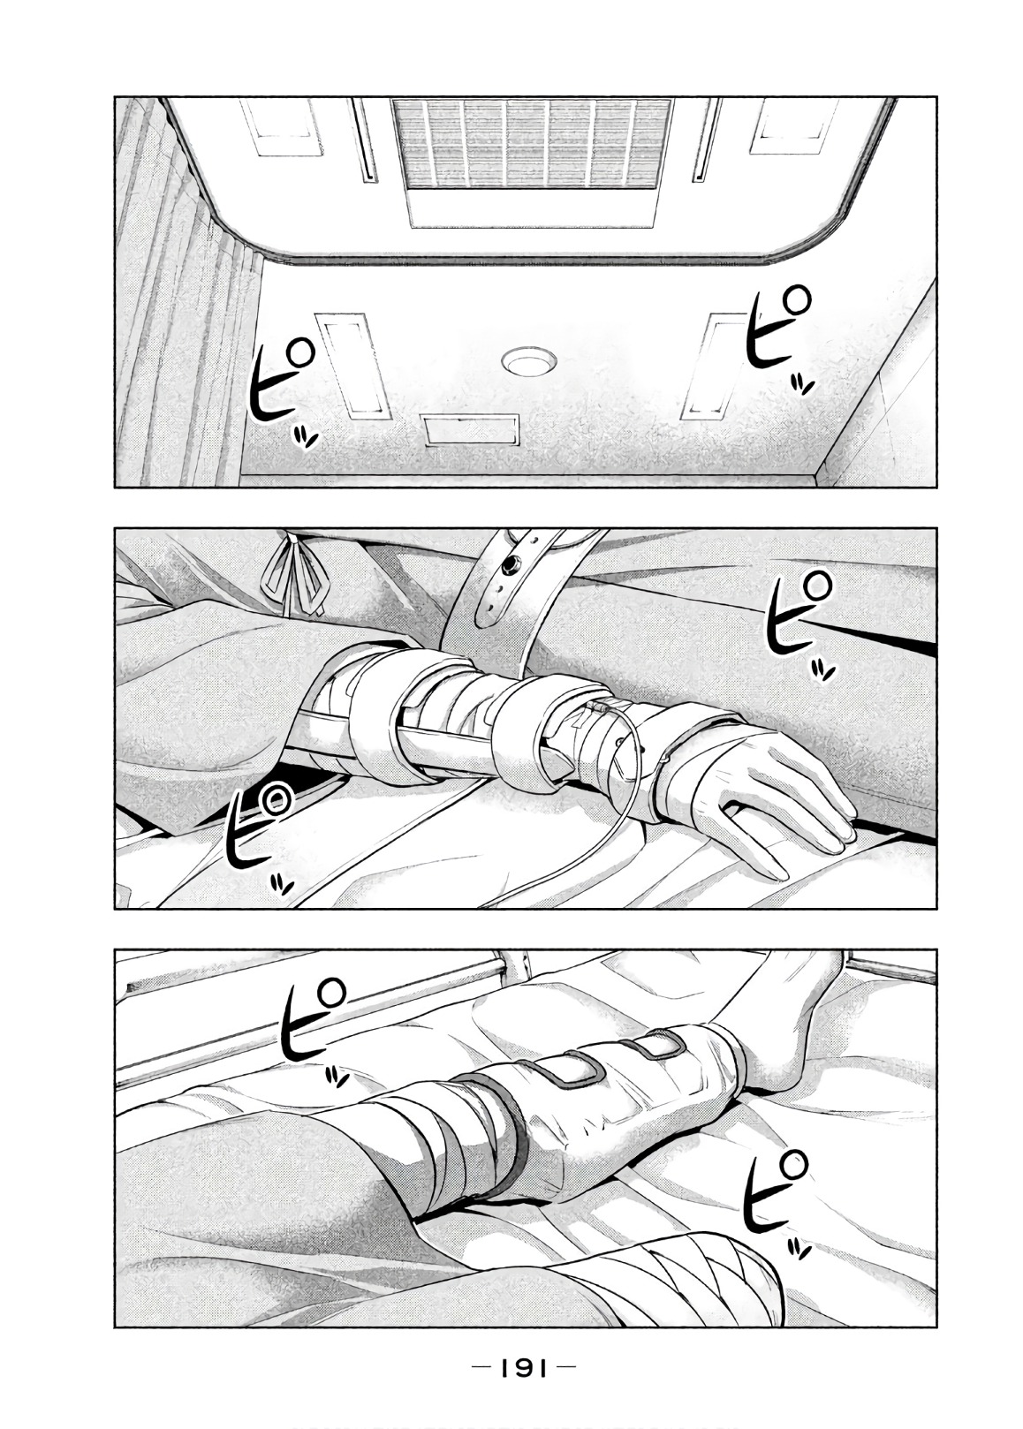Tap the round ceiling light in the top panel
pos(528,362)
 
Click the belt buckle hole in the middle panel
pos(510,565)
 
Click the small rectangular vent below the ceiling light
pos(470,430)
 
